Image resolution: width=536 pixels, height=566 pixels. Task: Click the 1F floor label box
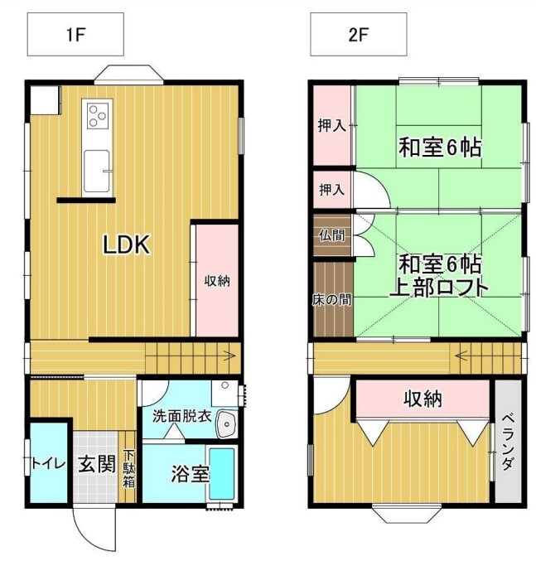click(75, 34)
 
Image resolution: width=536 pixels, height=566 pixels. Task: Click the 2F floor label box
click(359, 34)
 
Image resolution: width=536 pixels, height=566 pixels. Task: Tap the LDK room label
click(126, 244)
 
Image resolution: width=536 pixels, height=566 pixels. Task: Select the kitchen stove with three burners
click(98, 115)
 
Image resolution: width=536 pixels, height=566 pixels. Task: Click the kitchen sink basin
click(97, 171)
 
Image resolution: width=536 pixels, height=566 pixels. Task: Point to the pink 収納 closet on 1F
click(217, 280)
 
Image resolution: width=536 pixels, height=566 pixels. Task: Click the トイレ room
click(49, 462)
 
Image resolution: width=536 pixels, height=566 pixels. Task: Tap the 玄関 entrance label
click(97, 464)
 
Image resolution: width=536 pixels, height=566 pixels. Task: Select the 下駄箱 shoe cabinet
click(128, 467)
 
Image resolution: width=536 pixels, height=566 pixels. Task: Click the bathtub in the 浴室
click(221, 473)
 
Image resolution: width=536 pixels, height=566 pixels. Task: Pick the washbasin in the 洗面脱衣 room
click(227, 424)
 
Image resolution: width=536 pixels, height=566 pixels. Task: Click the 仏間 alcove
click(332, 235)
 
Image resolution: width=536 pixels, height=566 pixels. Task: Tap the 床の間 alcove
click(333, 299)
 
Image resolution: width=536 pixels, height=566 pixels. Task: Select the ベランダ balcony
click(508, 441)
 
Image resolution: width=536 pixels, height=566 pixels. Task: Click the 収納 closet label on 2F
click(423, 399)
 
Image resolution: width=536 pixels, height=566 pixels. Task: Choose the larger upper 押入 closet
click(332, 125)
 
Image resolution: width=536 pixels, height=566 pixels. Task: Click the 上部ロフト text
click(439, 288)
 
